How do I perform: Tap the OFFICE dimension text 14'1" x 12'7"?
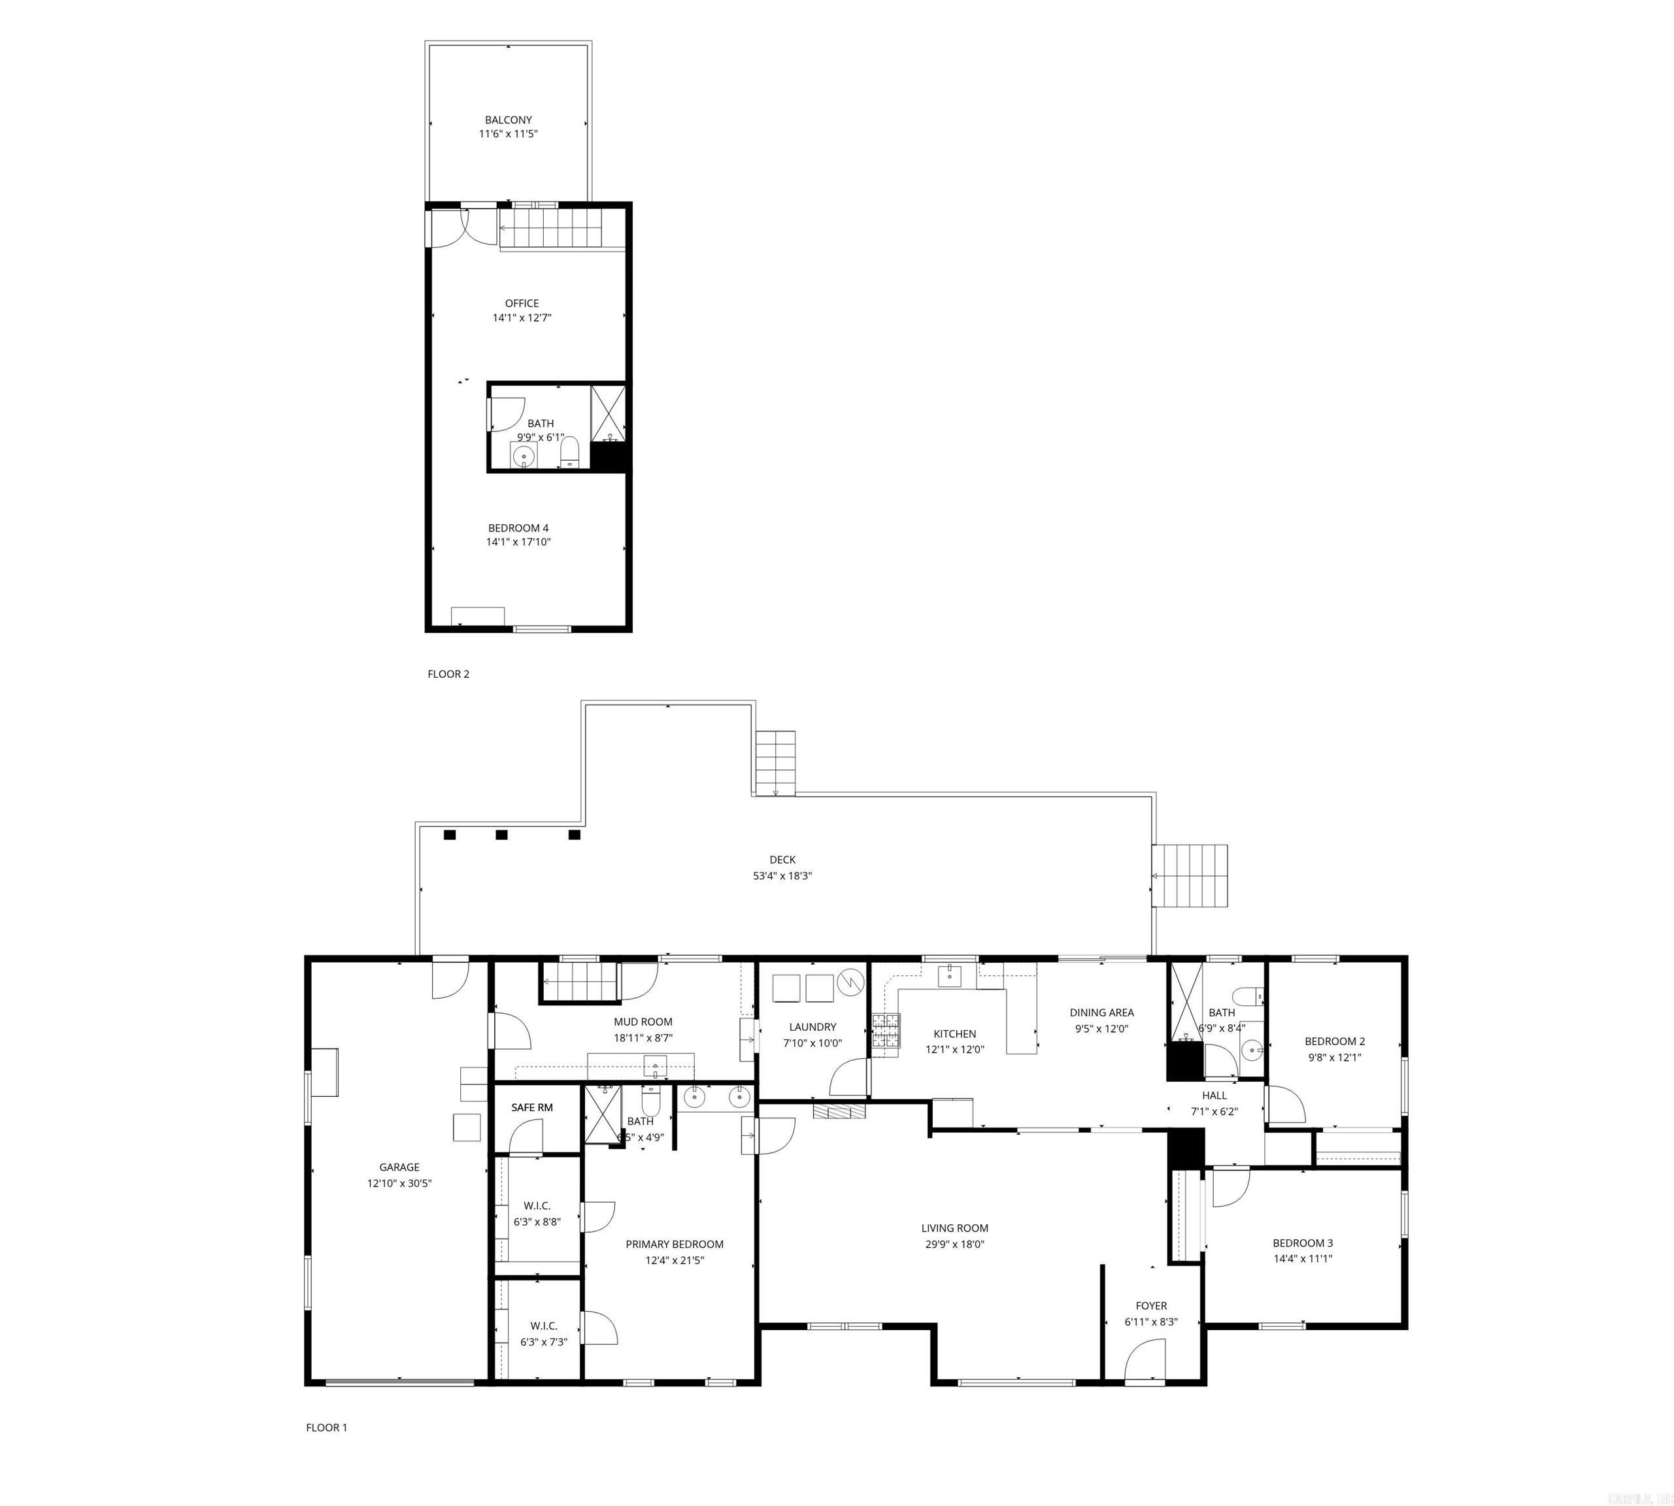(x=522, y=318)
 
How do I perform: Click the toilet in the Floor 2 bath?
(x=569, y=452)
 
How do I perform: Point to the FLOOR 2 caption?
(x=448, y=673)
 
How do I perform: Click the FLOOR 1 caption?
(x=326, y=1428)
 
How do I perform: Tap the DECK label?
(x=781, y=860)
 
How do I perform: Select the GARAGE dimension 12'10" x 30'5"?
(x=399, y=1183)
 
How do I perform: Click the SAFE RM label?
(x=531, y=1107)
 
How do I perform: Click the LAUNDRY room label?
(x=812, y=1027)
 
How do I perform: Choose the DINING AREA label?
(x=1101, y=1012)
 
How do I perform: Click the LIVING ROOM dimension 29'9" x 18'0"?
(x=954, y=1245)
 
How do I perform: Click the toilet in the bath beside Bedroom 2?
(x=1245, y=996)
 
